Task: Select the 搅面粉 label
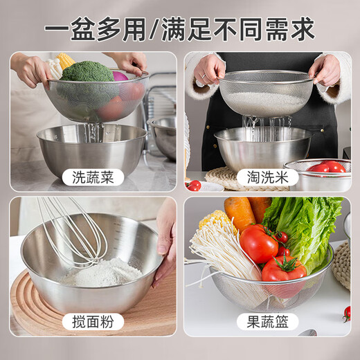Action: point(93,321)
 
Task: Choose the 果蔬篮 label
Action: point(267,321)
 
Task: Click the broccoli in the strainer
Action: point(86,72)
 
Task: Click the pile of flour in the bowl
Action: point(100,273)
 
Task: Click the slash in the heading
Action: point(153,30)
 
